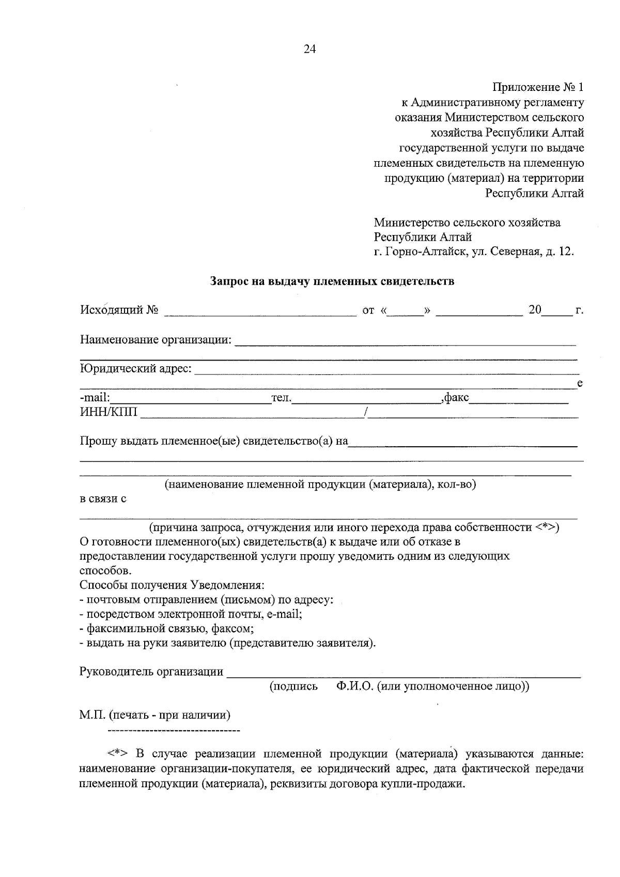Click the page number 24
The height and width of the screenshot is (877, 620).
[x=310, y=49]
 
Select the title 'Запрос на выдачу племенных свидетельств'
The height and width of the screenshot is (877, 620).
[x=332, y=281]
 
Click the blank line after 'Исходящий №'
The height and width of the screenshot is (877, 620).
[x=260, y=311]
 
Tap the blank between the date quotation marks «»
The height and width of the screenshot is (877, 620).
[x=405, y=311]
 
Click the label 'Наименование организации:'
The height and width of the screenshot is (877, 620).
[x=156, y=340]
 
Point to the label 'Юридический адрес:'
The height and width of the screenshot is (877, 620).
[x=135, y=369]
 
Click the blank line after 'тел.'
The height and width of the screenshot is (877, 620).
[x=366, y=399]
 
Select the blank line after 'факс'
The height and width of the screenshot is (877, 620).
[x=518, y=399]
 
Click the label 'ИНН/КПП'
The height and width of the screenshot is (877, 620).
[x=109, y=412]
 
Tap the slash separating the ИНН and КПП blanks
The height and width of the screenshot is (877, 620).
[x=366, y=412]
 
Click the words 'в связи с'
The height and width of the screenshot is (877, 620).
[x=103, y=499]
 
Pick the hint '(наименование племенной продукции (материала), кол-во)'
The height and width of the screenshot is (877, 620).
[x=320, y=484]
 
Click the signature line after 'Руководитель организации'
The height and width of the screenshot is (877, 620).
[x=403, y=674]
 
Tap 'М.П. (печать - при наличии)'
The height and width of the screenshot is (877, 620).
[x=155, y=715]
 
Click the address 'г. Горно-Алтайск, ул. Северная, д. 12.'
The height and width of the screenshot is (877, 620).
[x=474, y=252]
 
